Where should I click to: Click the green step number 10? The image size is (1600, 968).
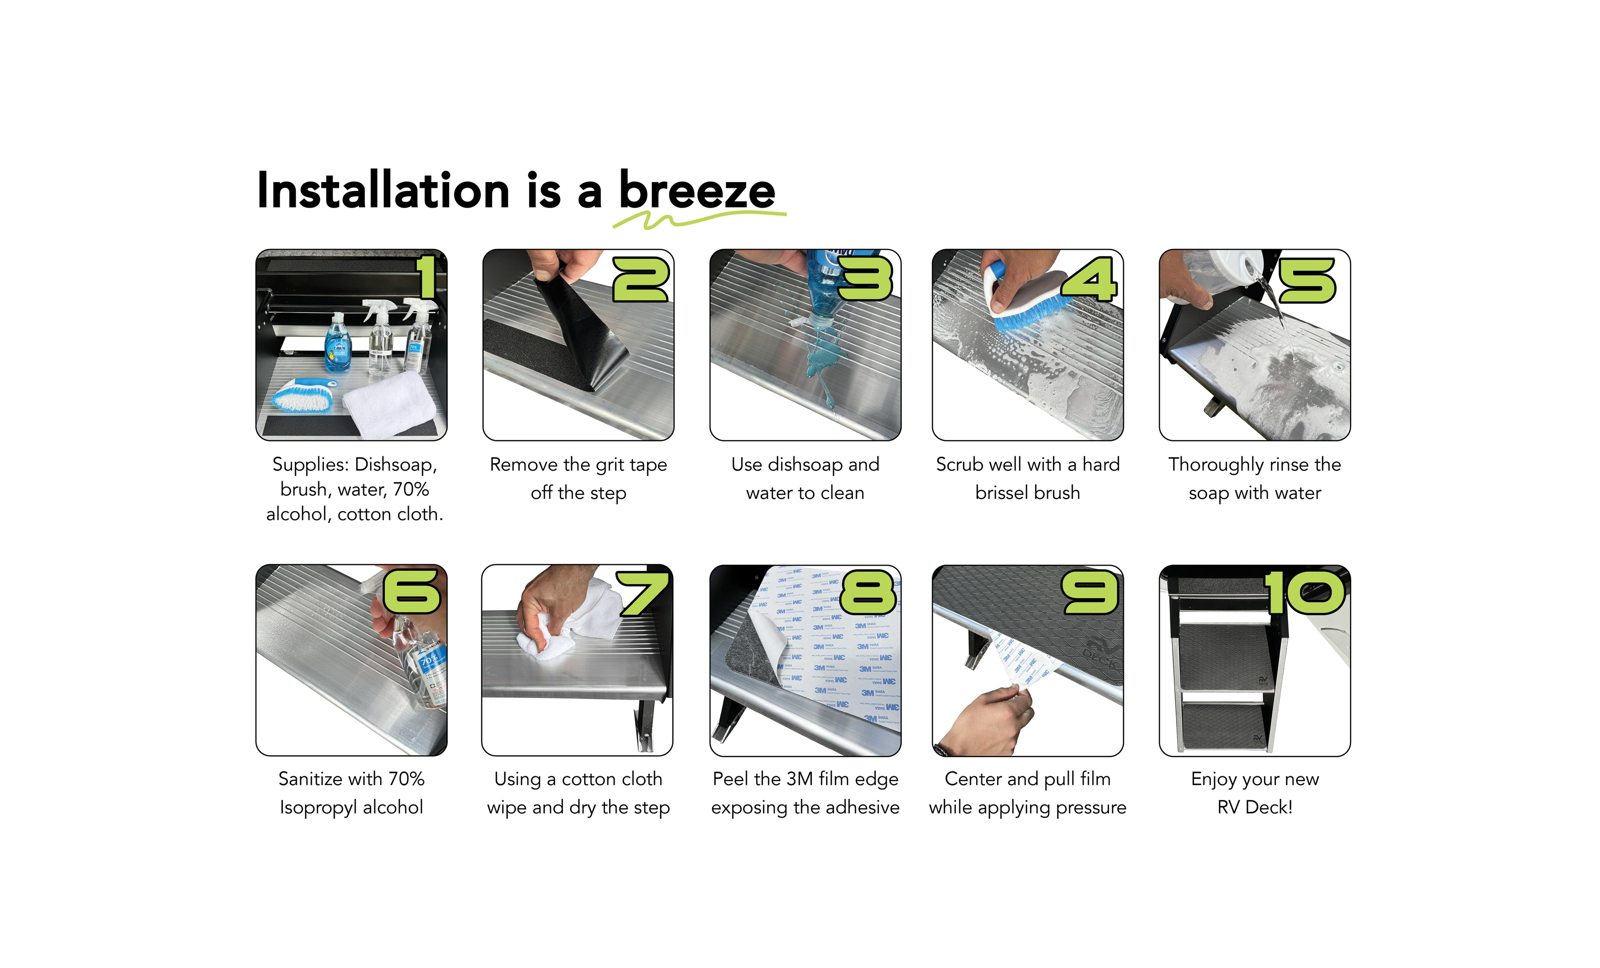[1304, 592]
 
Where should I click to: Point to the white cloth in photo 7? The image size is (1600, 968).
[572, 624]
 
